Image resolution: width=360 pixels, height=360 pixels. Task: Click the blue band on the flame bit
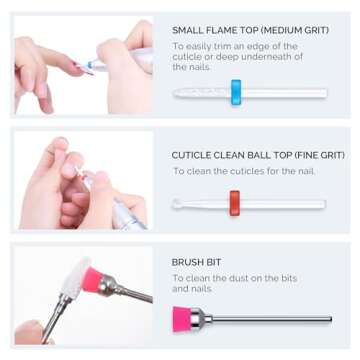point(236,92)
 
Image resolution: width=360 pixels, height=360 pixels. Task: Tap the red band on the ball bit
point(234,203)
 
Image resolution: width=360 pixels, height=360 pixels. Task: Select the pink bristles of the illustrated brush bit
point(182,319)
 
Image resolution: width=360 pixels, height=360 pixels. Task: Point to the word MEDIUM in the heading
point(282,30)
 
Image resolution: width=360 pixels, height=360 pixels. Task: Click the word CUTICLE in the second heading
point(187,155)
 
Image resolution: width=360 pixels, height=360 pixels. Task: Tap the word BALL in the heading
point(248,155)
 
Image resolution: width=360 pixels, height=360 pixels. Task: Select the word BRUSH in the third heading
point(186,262)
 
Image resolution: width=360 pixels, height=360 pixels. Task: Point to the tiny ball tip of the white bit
point(176,203)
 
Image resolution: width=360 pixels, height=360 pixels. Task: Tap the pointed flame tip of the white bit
point(175,93)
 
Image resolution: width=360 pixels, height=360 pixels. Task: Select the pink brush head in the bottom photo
point(92,278)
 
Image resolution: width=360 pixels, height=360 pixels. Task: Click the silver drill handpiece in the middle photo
point(130,213)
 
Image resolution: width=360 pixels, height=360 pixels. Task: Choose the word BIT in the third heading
point(213,262)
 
